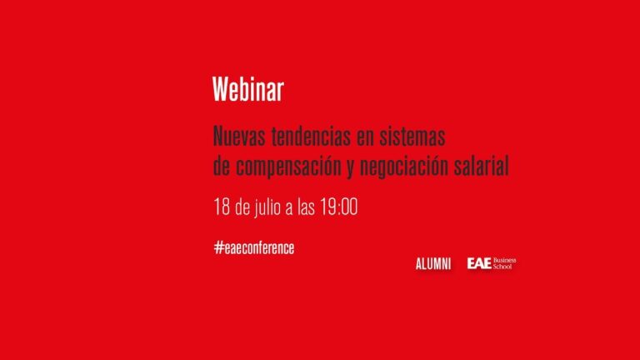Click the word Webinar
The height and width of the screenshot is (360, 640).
(247, 89)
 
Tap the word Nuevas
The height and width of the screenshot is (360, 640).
(239, 136)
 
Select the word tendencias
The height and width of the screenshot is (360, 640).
(311, 136)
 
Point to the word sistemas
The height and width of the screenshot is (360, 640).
(412, 136)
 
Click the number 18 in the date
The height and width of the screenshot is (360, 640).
(222, 207)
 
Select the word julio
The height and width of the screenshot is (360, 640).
(267, 207)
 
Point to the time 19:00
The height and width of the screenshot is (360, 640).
(339, 207)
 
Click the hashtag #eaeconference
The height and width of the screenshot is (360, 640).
(254, 247)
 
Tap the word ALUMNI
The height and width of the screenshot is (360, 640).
(433, 264)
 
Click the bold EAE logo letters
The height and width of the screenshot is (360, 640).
(479, 263)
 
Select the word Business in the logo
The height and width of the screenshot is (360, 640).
(504, 260)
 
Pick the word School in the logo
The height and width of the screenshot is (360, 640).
(502, 266)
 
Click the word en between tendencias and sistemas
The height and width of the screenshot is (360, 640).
(365, 137)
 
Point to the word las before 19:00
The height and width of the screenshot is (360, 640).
(306, 207)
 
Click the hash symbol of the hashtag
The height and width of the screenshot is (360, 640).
(219, 247)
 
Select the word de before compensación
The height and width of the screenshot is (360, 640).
(222, 166)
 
